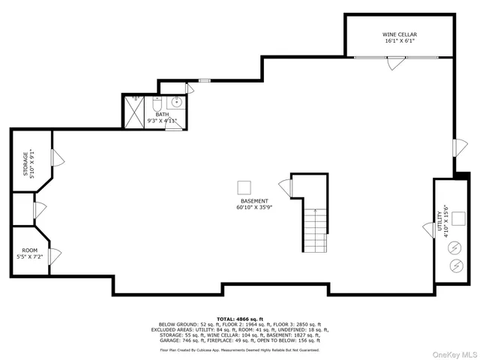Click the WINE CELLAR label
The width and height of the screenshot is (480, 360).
400,37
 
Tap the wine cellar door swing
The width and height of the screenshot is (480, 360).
392,64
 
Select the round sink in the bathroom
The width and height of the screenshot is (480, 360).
178,103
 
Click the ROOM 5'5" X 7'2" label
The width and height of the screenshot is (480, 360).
29,253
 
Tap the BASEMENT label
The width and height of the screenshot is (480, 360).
254,205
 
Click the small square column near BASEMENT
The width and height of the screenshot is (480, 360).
244,187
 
